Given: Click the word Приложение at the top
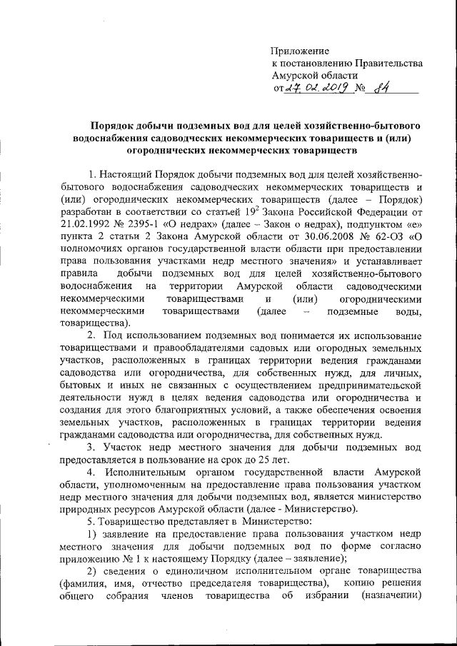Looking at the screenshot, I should click(300, 51).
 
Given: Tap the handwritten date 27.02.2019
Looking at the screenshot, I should click(316, 89).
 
